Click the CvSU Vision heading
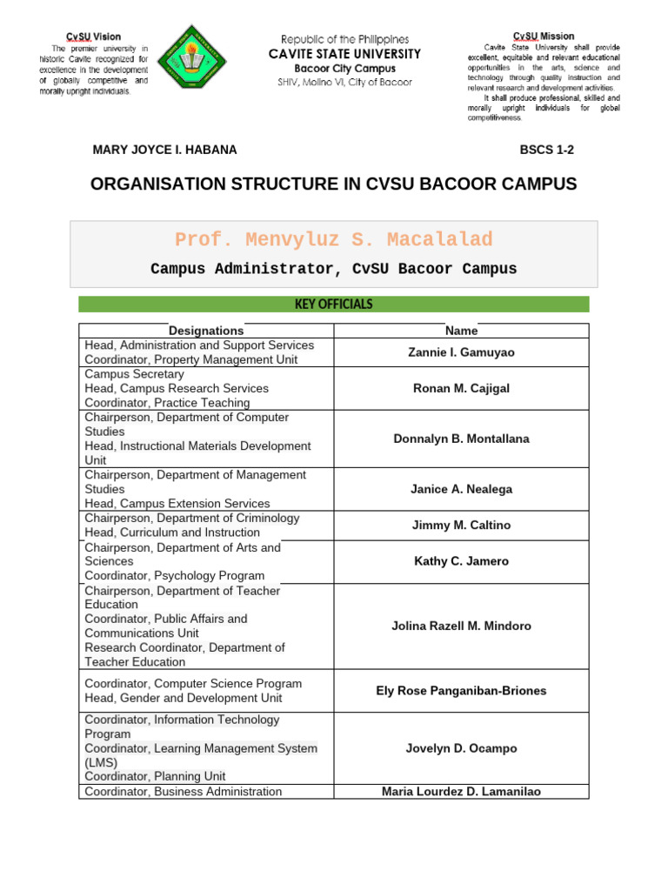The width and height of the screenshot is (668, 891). (x=94, y=37)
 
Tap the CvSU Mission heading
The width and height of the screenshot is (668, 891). (x=544, y=36)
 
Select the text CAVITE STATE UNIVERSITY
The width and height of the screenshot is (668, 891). (x=345, y=54)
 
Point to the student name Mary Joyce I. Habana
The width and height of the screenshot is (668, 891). (x=164, y=150)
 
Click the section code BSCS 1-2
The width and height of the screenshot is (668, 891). (x=546, y=150)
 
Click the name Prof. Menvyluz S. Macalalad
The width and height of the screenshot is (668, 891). (x=334, y=240)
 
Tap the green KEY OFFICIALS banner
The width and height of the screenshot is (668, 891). (x=334, y=304)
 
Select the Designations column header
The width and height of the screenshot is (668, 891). (x=206, y=331)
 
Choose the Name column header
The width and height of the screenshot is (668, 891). (x=461, y=331)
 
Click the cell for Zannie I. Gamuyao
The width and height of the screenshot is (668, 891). (x=461, y=352)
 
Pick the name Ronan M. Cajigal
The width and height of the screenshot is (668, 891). (x=461, y=388)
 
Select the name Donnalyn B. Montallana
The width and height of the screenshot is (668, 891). (x=461, y=439)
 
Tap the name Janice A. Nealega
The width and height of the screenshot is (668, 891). (x=461, y=489)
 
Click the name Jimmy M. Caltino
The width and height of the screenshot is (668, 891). (x=461, y=525)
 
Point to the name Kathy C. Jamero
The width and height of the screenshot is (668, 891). (x=461, y=561)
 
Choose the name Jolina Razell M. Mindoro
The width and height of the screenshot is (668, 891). (x=461, y=626)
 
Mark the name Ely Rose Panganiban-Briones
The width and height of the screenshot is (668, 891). (x=461, y=691)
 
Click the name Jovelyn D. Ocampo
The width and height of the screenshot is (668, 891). (x=461, y=748)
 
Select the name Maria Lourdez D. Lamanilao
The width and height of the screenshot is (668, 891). (x=461, y=792)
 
